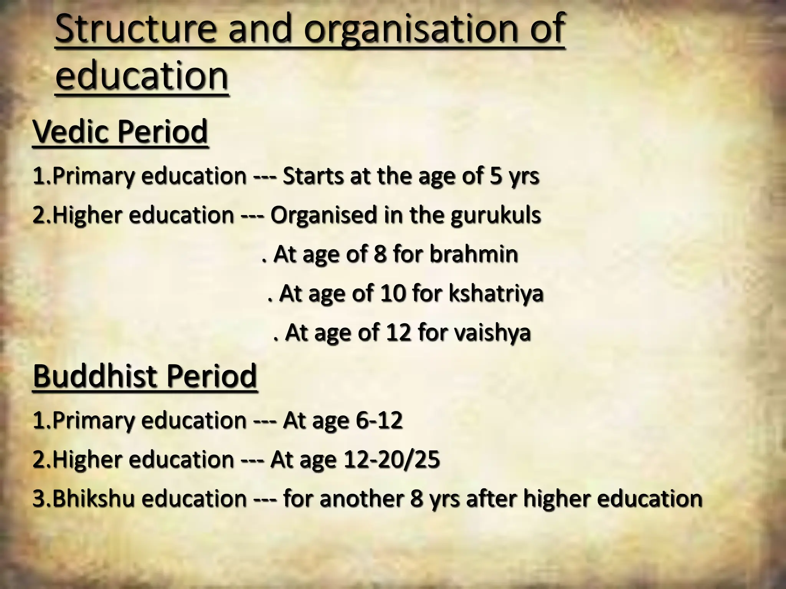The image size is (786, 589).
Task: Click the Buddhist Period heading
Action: [145, 376]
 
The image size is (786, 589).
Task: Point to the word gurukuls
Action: [495, 215]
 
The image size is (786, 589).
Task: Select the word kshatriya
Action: [496, 294]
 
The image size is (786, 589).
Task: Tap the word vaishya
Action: [492, 332]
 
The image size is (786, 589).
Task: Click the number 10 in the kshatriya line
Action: [393, 294]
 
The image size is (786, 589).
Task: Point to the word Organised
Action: [324, 215]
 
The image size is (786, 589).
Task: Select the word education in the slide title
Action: [142, 75]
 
